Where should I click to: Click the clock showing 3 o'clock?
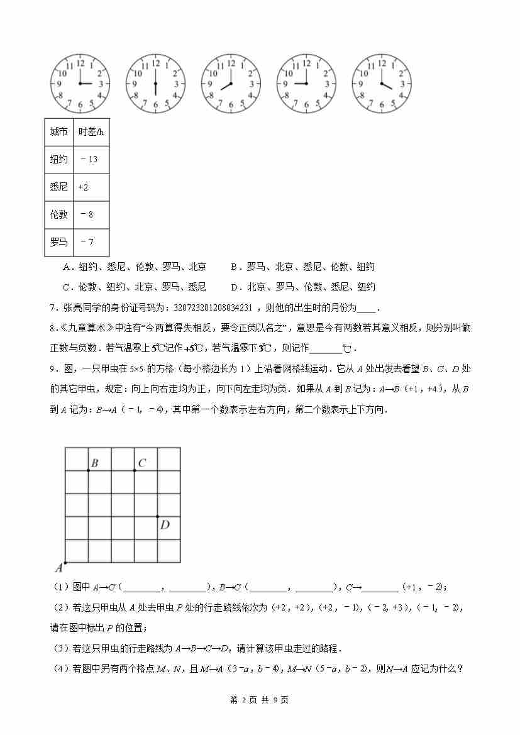tap(80, 84)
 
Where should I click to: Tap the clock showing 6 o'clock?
tap(155, 84)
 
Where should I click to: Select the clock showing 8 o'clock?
tap(231, 84)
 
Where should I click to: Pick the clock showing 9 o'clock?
tap(306, 84)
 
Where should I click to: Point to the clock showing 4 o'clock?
tap(381, 84)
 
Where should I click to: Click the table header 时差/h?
tap(91, 132)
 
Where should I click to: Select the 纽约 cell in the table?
tap(59, 160)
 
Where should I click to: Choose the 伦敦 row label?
tap(59, 215)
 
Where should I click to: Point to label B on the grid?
tap(94, 463)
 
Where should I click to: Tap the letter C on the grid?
tap(142, 463)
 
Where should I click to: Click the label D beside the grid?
tap(165, 524)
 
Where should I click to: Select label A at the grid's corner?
tap(59, 568)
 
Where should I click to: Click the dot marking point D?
tap(157, 516)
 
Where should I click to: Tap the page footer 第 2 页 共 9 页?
tap(260, 700)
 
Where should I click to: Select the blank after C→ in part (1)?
tap(380, 587)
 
